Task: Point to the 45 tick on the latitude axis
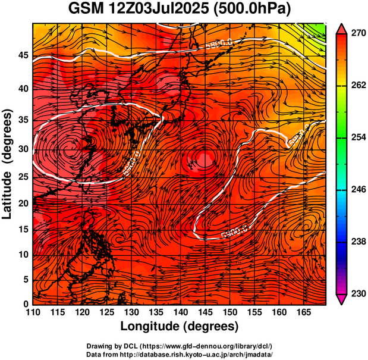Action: (x=22, y=55)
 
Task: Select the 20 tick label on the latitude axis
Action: (x=22, y=203)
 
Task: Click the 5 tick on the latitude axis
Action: (x=25, y=279)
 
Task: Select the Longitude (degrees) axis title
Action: (x=180, y=327)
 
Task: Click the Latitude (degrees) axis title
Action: (x=8, y=164)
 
